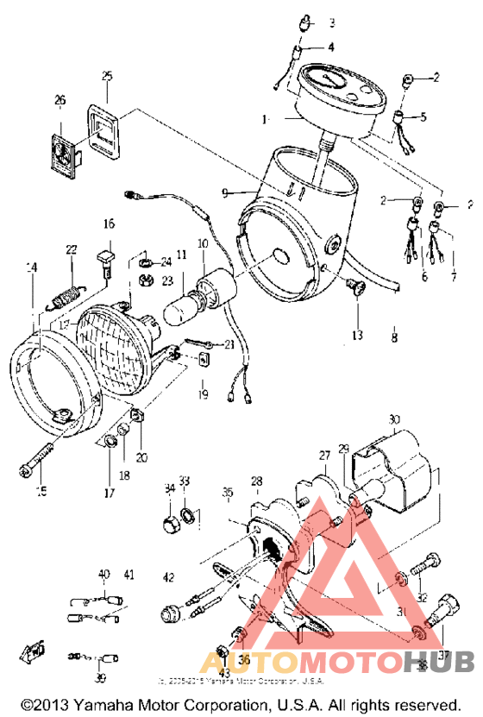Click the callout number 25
(107, 76)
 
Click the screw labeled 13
(356, 291)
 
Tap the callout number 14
(32, 268)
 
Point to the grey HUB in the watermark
(439, 663)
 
